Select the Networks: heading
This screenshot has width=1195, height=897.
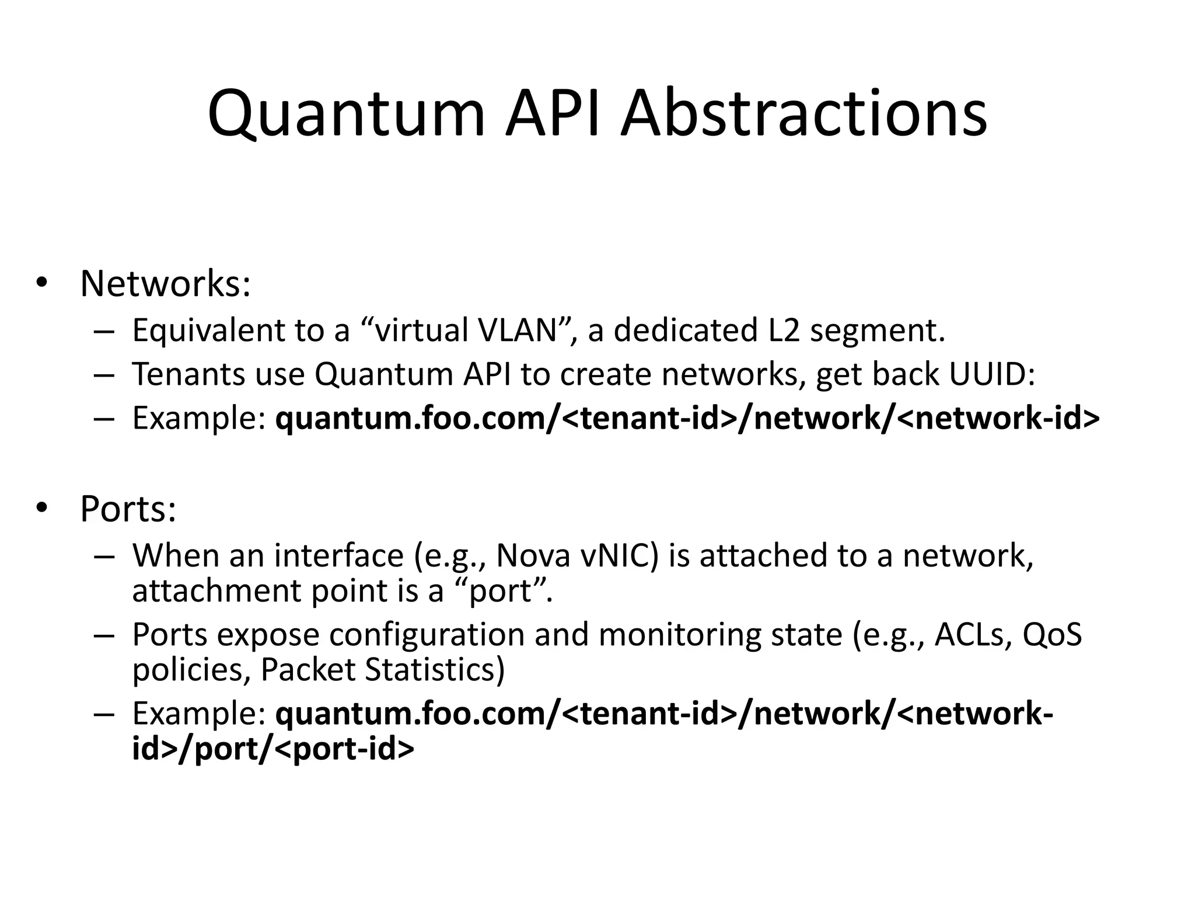click(165, 284)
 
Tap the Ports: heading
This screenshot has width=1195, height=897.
click(128, 509)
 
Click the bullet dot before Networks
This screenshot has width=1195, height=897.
click(40, 284)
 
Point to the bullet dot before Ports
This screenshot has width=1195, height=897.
click(40, 509)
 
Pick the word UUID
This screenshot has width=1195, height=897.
click(991, 374)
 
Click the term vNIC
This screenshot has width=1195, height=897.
click(619, 555)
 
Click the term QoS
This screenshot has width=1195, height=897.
click(1052, 635)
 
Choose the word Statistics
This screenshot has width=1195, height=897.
click(435, 670)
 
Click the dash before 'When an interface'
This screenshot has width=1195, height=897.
click(103, 555)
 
